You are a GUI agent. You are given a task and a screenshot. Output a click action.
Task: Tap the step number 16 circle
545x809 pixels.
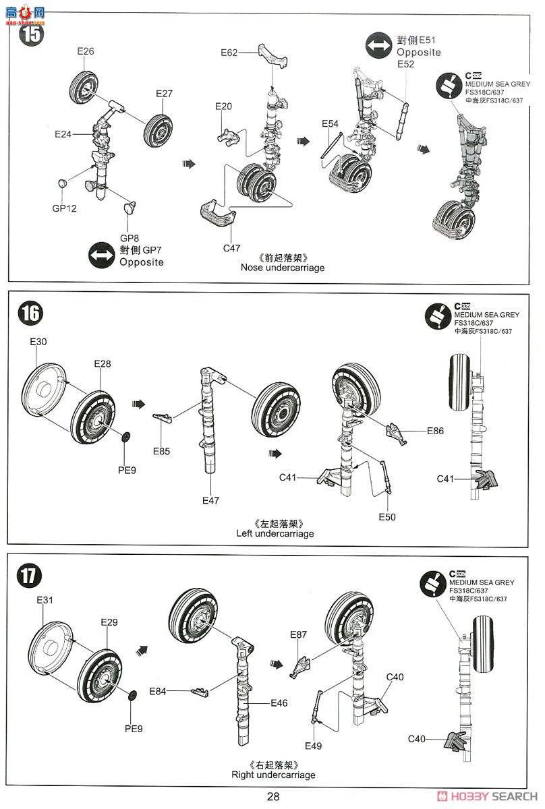point(31,313)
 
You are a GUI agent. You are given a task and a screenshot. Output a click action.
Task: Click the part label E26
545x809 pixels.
point(86,51)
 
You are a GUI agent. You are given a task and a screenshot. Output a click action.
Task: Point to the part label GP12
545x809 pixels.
point(65,208)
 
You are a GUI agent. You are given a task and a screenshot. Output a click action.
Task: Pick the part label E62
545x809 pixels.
point(229,53)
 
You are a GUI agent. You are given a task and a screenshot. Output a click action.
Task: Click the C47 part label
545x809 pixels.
point(231,247)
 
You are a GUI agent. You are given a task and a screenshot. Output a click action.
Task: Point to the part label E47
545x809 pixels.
point(211,500)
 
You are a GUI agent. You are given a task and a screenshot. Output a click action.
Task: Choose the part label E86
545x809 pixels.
point(436,430)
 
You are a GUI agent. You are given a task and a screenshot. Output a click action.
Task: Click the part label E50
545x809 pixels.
point(387,516)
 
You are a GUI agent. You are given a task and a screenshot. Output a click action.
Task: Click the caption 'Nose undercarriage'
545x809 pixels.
point(283,268)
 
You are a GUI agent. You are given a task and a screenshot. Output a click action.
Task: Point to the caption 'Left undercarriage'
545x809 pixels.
point(275,533)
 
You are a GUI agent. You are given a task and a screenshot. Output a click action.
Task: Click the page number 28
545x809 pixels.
point(272,796)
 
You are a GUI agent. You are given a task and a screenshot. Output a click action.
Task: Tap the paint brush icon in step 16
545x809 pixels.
point(438,316)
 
